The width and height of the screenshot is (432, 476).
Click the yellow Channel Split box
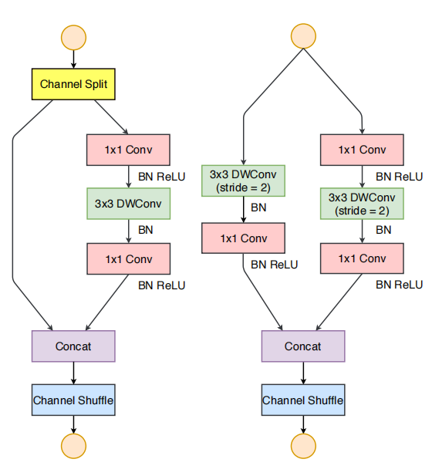pyautogui.click(x=73, y=83)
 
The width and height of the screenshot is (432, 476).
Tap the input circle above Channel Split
pyautogui.click(x=73, y=37)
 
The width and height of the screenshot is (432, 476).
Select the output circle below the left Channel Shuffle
pyautogui.click(x=73, y=445)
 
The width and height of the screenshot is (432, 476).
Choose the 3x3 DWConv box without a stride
pyautogui.click(x=128, y=204)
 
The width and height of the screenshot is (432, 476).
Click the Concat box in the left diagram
pyautogui.click(x=73, y=346)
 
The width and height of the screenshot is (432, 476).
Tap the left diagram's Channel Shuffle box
pyautogui.click(x=73, y=400)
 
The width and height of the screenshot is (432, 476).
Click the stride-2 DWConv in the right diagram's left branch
pyautogui.click(x=245, y=181)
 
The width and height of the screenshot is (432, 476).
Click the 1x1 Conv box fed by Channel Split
pyautogui.click(x=128, y=150)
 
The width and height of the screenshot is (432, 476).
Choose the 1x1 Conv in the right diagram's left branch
pyautogui.click(x=245, y=238)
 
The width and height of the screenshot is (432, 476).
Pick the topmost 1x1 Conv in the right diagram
pyautogui.click(x=360, y=150)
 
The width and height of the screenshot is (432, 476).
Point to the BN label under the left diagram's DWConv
pyautogui.click(x=145, y=230)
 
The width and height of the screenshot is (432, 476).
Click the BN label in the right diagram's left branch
pyautogui.click(x=260, y=209)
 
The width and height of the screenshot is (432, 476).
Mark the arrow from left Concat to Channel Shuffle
pyautogui.click(x=73, y=373)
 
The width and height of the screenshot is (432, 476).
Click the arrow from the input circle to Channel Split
pyautogui.click(x=73, y=59)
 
